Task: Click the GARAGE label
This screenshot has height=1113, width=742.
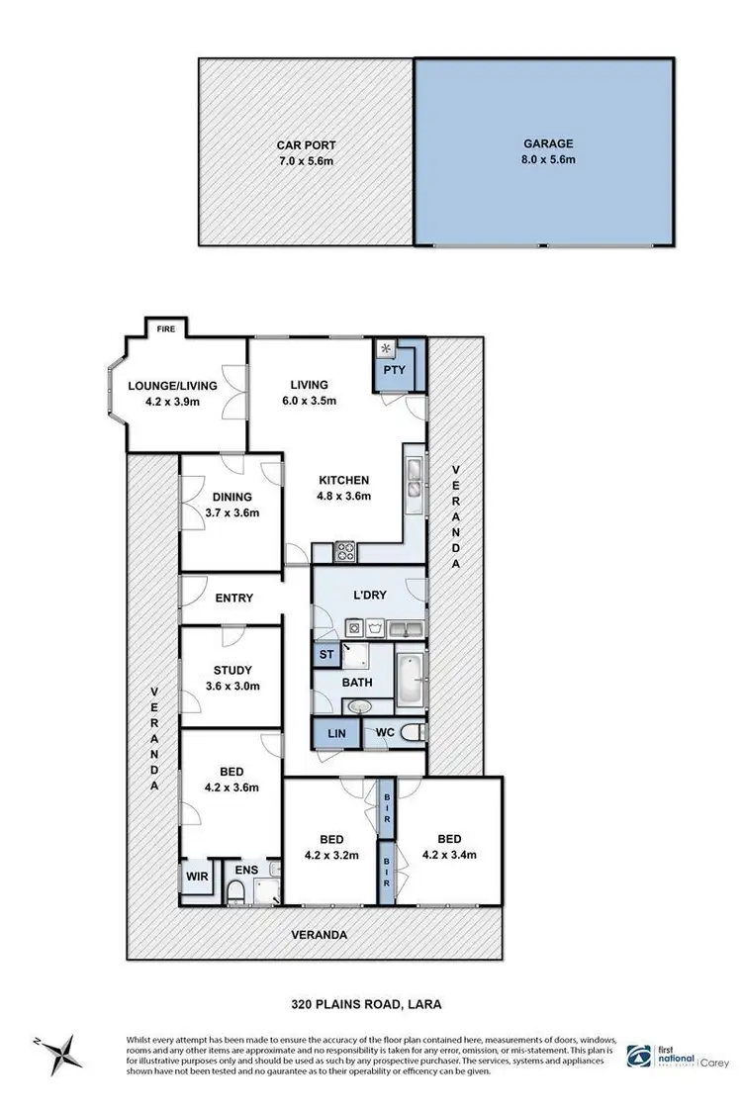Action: pyautogui.click(x=549, y=143)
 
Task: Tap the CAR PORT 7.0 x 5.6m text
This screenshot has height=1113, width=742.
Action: pyautogui.click(x=306, y=153)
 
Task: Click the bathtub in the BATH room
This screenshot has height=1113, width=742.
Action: pyautogui.click(x=410, y=681)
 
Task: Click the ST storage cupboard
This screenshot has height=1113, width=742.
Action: pyautogui.click(x=325, y=654)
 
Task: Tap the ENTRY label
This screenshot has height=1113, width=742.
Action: pyautogui.click(x=233, y=598)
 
